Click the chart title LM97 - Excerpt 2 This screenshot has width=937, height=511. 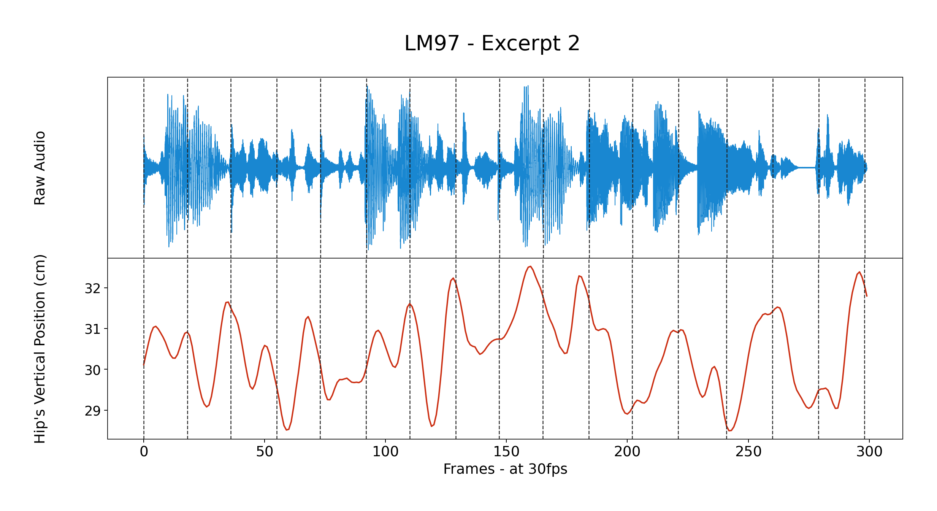pos(492,43)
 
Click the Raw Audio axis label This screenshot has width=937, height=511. pos(40,168)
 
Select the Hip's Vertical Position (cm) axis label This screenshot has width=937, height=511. pos(40,349)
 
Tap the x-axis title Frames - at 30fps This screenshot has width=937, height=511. pos(505,469)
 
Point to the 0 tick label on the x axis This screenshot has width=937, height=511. pos(144,452)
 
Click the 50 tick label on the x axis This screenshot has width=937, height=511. pos(265,452)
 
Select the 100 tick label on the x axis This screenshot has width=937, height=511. pos(385,452)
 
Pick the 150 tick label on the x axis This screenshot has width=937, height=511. pos(506,452)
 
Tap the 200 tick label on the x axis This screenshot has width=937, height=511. pos(627,452)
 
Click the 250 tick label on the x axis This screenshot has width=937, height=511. pos(748,452)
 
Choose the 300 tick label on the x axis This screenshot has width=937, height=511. pos(869,452)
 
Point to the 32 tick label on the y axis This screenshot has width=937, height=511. pos(92,289)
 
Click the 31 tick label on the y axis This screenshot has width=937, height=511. pos(92,329)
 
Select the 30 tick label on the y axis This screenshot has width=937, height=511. pos(92,370)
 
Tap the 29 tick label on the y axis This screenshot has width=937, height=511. pos(92,411)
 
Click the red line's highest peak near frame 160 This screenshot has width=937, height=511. pos(530,267)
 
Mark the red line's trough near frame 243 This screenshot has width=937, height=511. pos(729,430)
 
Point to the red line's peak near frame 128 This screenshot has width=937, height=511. pos(453,278)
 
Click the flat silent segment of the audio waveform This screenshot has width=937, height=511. pos(807,168)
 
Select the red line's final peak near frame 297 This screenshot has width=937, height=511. pos(859,272)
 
